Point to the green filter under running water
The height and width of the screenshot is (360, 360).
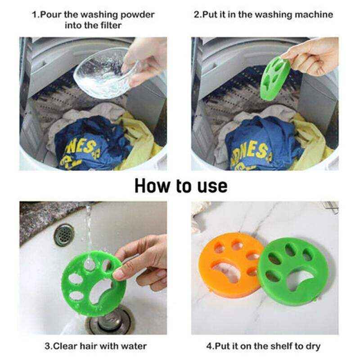pos(90,279)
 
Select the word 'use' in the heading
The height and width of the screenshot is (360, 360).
pos(211,185)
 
